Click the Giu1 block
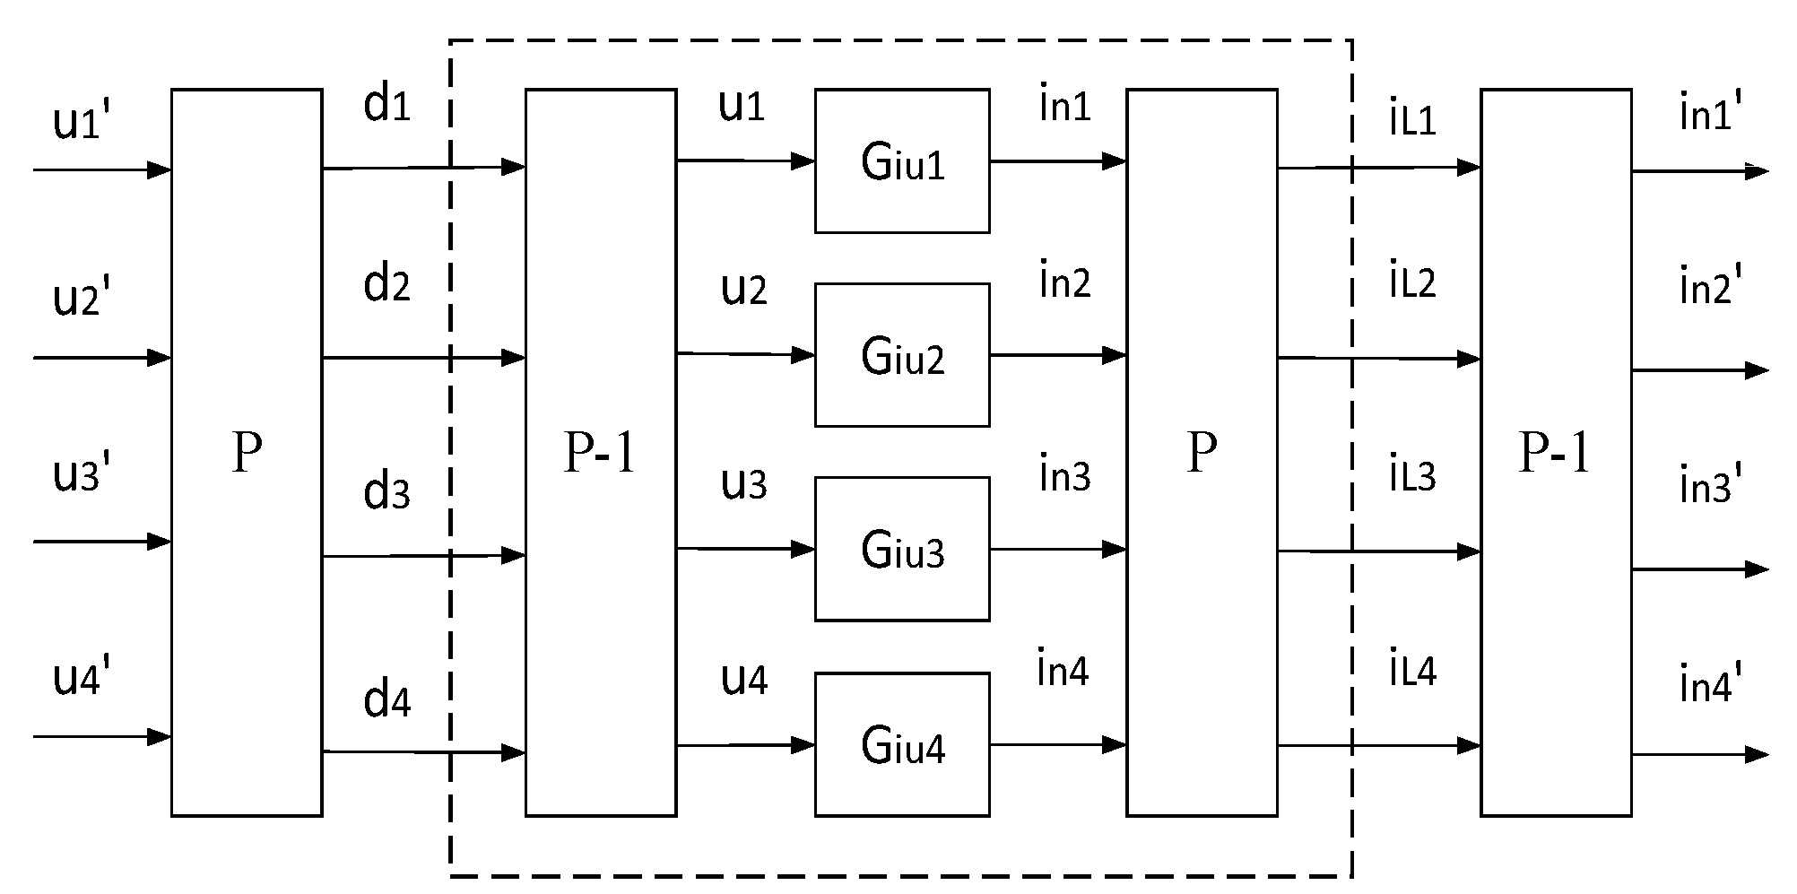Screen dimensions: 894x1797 pos(902,161)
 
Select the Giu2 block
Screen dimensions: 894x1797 pos(902,355)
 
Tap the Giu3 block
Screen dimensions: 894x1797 pos(902,549)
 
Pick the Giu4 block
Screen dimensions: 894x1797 pos(902,744)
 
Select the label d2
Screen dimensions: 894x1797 pos(386,284)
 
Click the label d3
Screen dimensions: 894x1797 pos(386,491)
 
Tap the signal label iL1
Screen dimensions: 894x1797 pos(1412,119)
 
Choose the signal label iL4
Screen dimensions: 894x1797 pos(1412,670)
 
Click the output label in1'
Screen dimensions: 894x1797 pos(1710,115)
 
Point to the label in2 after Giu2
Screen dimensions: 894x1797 pos(1064,282)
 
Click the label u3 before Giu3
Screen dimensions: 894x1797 pos(743,483)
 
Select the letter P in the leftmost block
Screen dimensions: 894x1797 pos(247,454)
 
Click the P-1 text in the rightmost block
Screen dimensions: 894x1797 pos(1554,454)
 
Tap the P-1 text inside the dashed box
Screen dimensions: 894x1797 pos(600,454)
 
